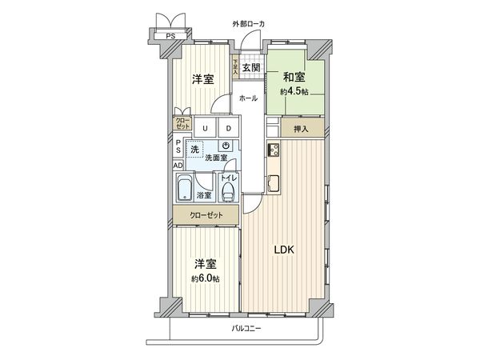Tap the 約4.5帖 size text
tap(294, 91)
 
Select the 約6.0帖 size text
tap(205, 278)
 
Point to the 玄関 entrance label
tap(250, 68)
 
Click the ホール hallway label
tap(248, 98)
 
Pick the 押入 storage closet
tap(301, 128)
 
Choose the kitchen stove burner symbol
tap(273, 150)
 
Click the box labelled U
tap(206, 128)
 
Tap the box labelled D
tap(227, 128)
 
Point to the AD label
tap(178, 166)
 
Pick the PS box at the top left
tap(170, 36)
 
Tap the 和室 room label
tap(293, 78)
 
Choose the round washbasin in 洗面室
tap(226, 146)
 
